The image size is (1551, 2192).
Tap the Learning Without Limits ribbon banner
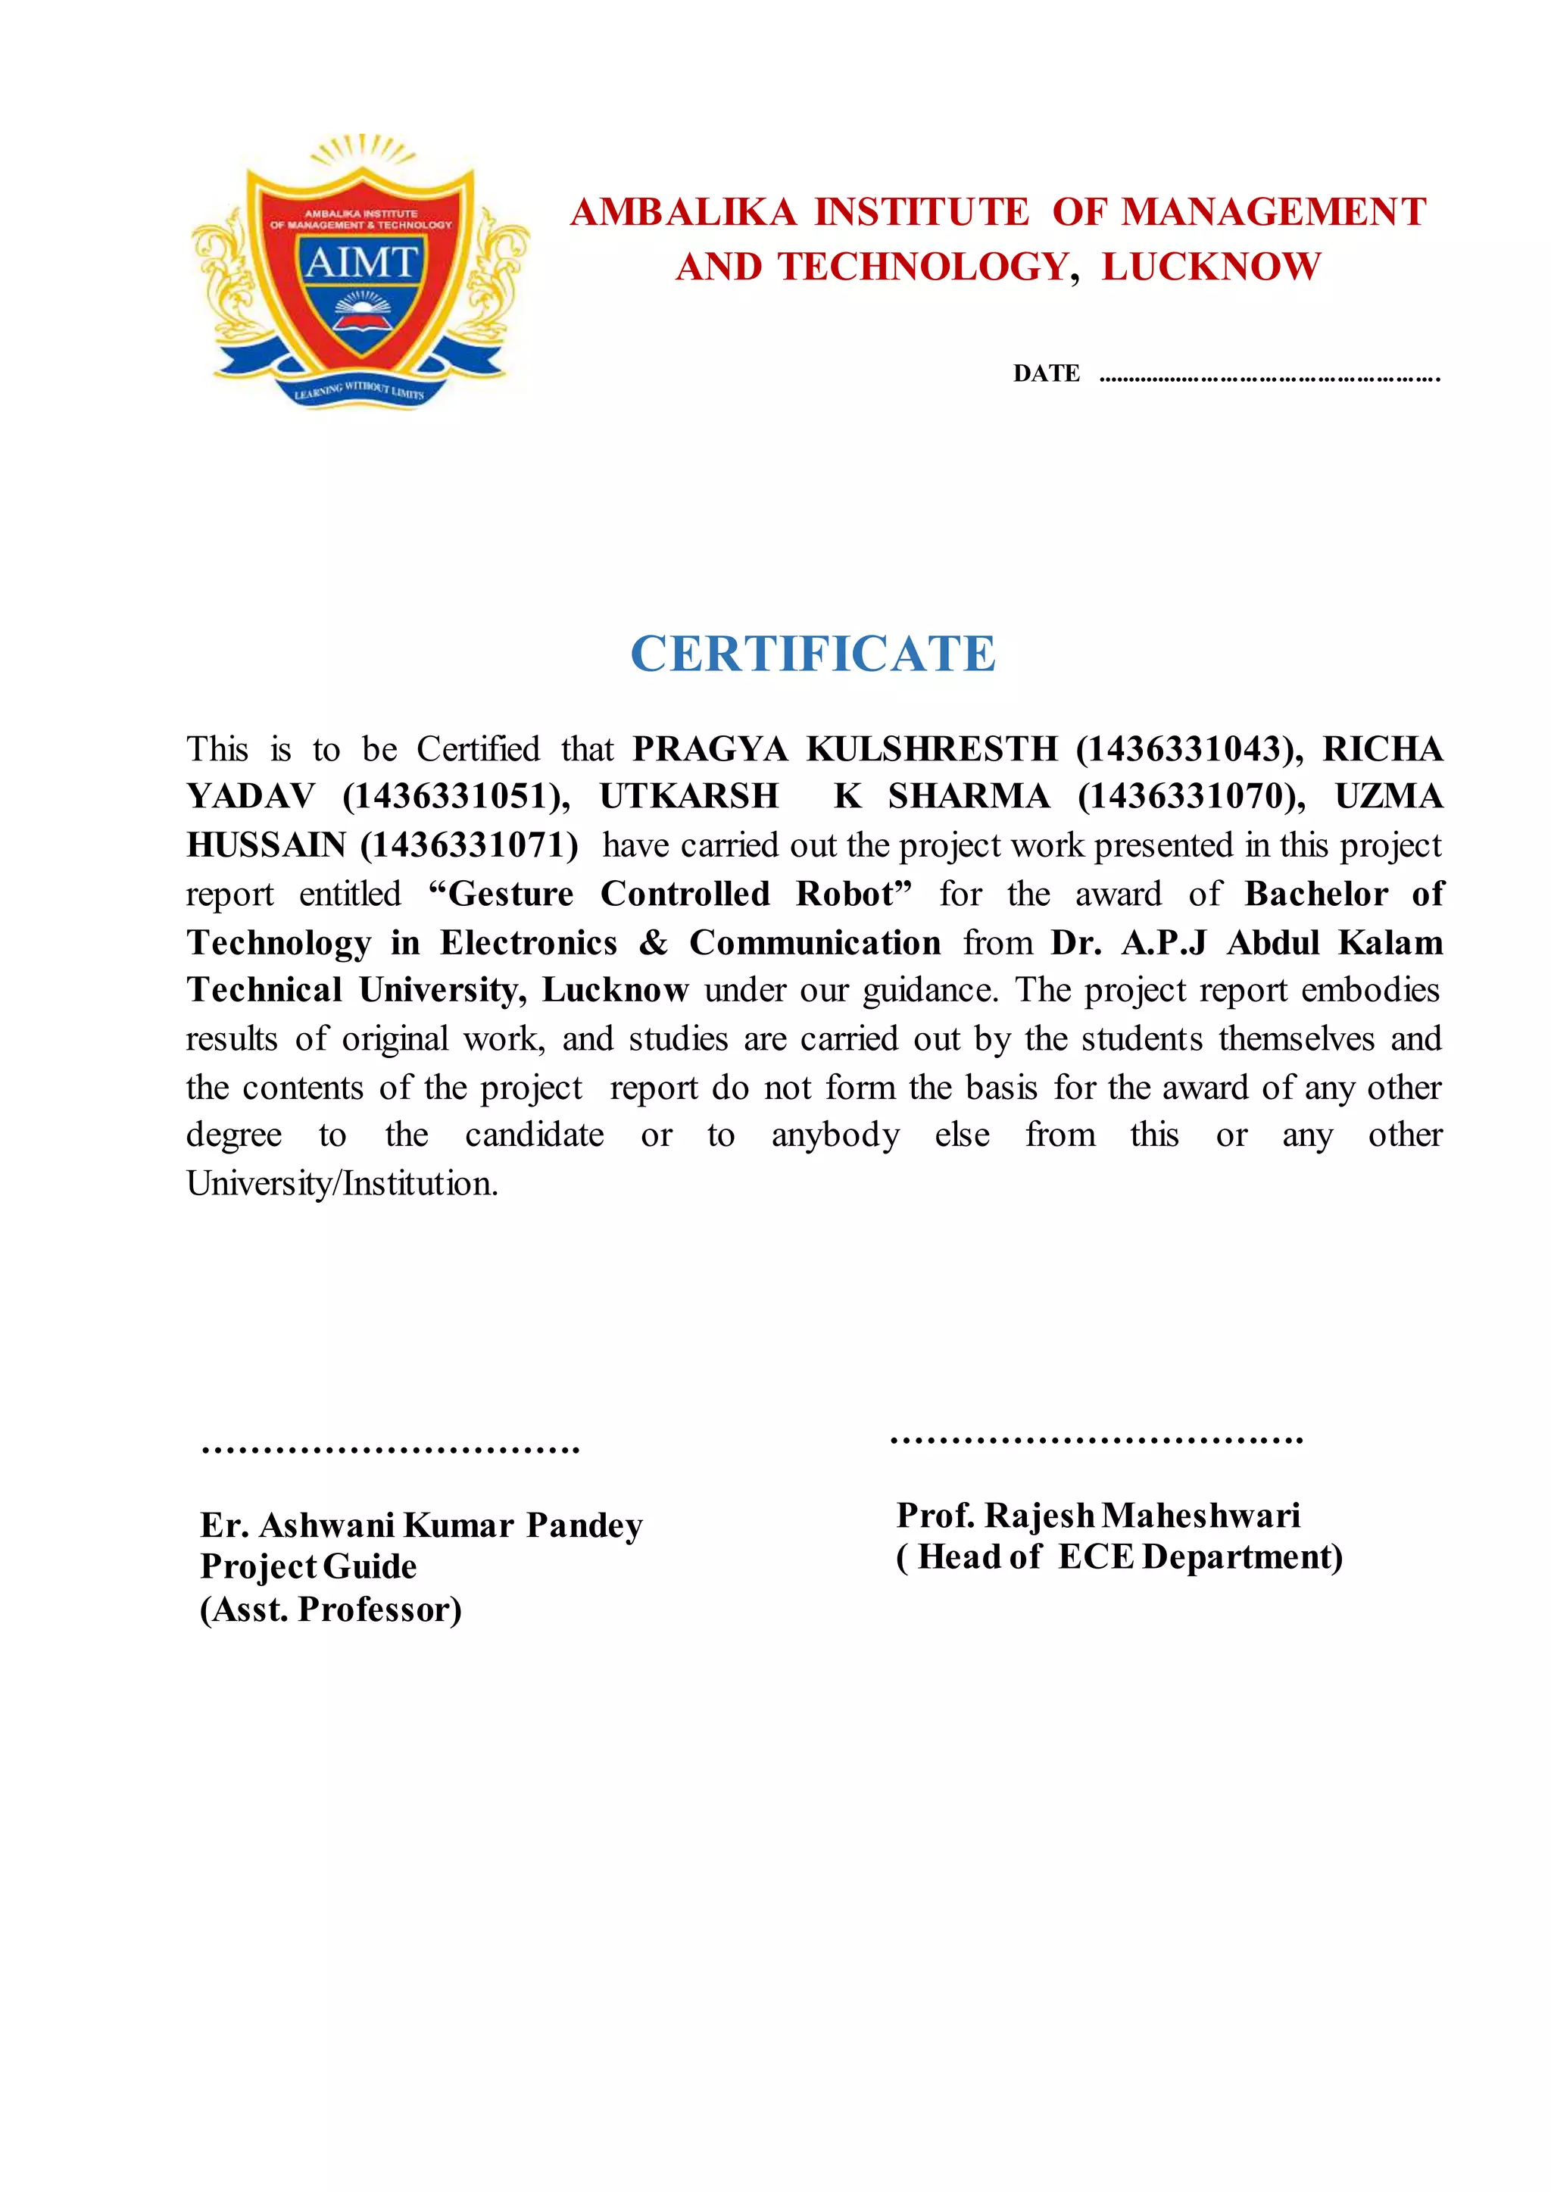coord(359,389)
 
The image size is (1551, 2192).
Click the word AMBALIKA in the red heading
coord(683,212)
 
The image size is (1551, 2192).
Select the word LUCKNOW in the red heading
coord(1211,267)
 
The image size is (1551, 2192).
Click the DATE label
coord(1046,373)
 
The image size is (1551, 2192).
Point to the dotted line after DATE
coord(1269,378)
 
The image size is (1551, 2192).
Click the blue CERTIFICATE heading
coord(813,654)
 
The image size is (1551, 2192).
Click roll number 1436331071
coord(469,845)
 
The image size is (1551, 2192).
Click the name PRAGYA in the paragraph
coord(710,749)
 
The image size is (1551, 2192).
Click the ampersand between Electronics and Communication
coord(654,943)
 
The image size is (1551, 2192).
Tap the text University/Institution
coord(342,1183)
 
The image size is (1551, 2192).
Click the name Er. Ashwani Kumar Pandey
coord(421,1525)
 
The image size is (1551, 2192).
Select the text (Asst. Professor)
coord(330,1610)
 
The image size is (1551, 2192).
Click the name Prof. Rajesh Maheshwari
coord(1098,1515)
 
